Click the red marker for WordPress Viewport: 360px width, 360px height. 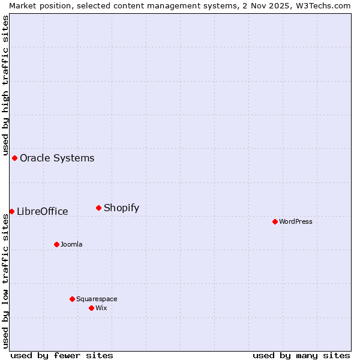click(275, 221)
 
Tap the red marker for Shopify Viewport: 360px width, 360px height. click(98, 208)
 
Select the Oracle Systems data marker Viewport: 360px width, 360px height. click(14, 158)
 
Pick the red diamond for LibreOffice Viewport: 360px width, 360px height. click(11, 211)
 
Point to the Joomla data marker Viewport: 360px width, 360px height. click(56, 244)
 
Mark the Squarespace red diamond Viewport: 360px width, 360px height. click(72, 299)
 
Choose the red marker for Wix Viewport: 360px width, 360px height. click(91, 308)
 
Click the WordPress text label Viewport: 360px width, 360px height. click(296, 221)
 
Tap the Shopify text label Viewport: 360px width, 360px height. click(121, 208)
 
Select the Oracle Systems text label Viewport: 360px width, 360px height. click(57, 158)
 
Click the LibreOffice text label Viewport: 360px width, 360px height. click(42, 211)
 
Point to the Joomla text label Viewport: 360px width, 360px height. click(71, 244)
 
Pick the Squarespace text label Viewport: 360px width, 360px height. click(97, 299)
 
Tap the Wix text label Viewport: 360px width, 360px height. click(101, 308)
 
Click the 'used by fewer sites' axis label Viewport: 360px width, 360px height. click(62, 355)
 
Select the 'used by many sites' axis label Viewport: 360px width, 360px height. click(301, 355)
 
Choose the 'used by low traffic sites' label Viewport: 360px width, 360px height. click(5, 281)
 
